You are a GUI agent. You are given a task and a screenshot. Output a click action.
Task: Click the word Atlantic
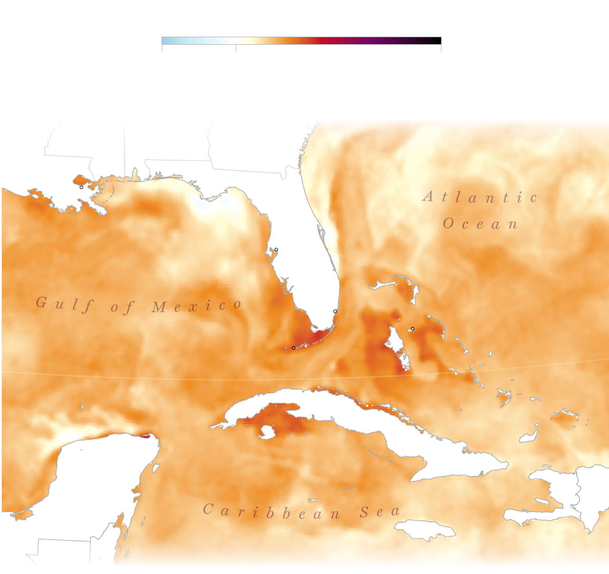480,197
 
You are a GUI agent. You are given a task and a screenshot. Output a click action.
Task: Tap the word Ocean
480,224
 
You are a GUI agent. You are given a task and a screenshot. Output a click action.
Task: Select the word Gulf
64,304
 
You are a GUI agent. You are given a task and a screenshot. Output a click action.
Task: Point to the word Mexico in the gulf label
196,306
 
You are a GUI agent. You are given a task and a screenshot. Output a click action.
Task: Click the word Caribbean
272,512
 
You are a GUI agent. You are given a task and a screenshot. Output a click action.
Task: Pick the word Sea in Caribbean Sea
380,512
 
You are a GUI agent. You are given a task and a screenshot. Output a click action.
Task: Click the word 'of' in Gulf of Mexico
122,308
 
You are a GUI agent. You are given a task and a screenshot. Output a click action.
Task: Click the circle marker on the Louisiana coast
81,187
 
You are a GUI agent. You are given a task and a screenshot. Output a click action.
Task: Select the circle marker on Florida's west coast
276,249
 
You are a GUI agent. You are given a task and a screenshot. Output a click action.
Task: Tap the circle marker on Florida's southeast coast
335,311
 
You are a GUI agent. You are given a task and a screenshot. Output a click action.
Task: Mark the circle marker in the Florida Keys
294,348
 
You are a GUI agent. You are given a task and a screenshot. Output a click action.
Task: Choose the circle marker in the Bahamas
413,329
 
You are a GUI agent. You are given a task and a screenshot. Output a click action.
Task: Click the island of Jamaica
419,529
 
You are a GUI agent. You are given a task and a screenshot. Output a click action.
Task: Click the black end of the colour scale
438,40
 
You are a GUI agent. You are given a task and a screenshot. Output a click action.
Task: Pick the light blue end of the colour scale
165,40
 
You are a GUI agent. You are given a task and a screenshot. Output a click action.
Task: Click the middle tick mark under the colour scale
236,48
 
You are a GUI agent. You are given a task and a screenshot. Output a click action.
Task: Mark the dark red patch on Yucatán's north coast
145,436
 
